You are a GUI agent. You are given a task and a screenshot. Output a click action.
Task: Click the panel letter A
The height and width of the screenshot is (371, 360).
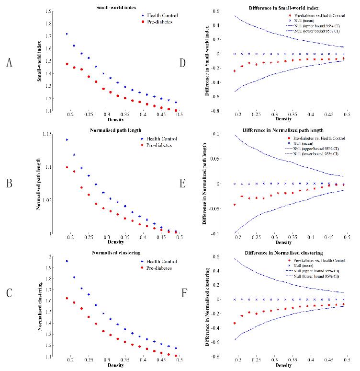pyautogui.click(x=9, y=62)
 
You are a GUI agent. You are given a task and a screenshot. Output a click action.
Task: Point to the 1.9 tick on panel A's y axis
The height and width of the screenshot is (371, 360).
pyautogui.click(x=56, y=11)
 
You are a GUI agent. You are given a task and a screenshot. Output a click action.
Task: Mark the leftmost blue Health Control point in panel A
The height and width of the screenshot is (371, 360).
pyautogui.click(x=67, y=34)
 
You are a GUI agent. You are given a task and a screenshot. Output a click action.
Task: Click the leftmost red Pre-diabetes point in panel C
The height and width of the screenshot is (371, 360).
pyautogui.click(x=67, y=298)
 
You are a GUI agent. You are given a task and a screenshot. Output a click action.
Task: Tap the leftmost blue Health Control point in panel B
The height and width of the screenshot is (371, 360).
pyautogui.click(x=67, y=139)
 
